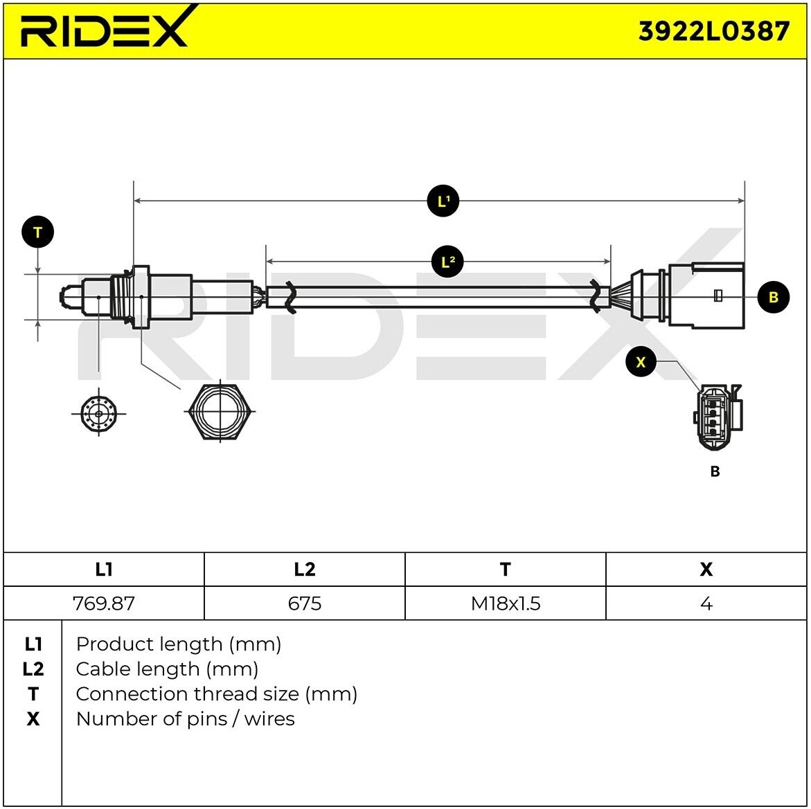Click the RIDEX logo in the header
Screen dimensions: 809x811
pos(104,29)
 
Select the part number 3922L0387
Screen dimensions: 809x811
pos(713,31)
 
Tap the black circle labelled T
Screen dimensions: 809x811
pos(38,233)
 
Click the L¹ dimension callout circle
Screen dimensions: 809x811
pos(443,201)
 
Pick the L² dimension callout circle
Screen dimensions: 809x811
pos(448,262)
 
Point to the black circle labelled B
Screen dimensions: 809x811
pos(773,297)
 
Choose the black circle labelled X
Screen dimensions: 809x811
pos(641,362)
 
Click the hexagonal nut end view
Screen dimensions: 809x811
pos(220,410)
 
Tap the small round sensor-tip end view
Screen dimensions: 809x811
pos(98,415)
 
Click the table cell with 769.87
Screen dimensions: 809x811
pos(104,603)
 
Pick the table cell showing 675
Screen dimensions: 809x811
pos(305,603)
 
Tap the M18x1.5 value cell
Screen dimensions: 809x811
pos(506,603)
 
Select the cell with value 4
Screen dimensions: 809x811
pos(706,603)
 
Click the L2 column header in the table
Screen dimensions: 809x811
pos(305,570)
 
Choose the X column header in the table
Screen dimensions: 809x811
pos(706,570)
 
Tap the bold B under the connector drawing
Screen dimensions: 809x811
pos(715,471)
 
